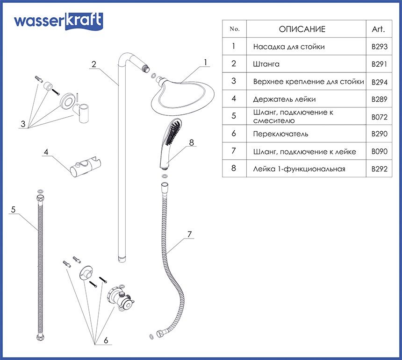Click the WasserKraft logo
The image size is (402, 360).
(x=58, y=21)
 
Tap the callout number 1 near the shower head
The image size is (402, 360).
(x=204, y=62)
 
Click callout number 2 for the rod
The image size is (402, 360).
(x=94, y=64)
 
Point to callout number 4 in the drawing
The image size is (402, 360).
(x=46, y=152)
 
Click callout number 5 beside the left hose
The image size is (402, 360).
(x=13, y=210)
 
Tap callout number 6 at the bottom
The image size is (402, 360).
(x=106, y=340)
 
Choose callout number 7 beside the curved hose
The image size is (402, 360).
(x=189, y=234)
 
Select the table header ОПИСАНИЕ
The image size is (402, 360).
(x=302, y=29)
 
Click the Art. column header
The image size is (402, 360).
(x=378, y=29)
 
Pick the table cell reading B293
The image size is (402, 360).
(x=379, y=47)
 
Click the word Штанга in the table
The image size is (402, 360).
(x=266, y=64)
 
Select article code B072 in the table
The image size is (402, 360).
(x=379, y=117)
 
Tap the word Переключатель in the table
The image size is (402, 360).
(x=280, y=134)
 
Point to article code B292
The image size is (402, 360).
(x=379, y=169)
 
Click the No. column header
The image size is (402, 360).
(x=235, y=29)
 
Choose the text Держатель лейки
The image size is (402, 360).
(x=284, y=99)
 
